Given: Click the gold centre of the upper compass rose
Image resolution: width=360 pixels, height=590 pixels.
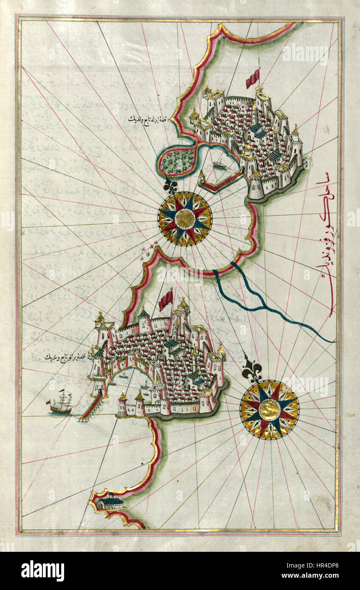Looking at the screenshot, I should pos(185,219).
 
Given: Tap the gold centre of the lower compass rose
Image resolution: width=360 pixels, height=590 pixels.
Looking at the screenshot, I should pos(270,410).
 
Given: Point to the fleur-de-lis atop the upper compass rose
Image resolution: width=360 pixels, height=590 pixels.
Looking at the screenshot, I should pos(171,185).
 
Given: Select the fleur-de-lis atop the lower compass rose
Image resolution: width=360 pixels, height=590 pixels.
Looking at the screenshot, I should pos(252,369).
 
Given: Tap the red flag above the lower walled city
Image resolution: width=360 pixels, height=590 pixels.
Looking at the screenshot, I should pos(166,300).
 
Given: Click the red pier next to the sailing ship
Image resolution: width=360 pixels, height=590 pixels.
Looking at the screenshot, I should pos(90,407).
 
